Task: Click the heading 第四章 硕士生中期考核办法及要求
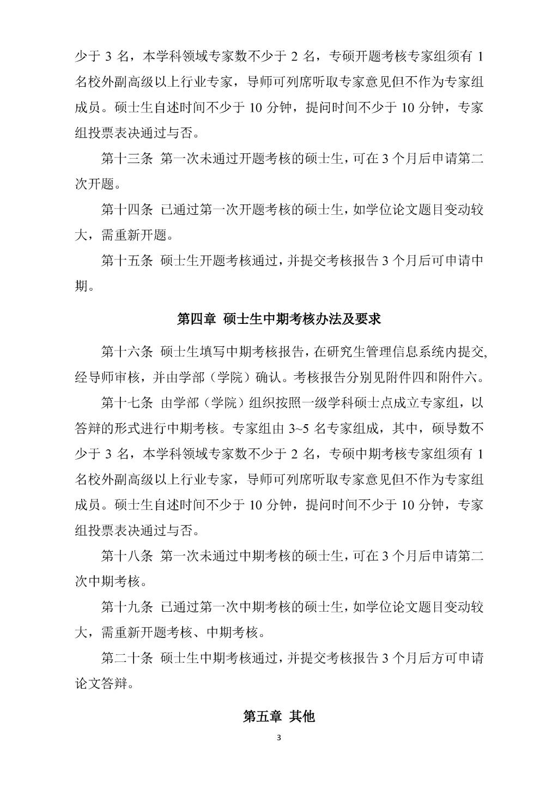tap(278, 319)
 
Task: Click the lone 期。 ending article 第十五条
tap(83, 286)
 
